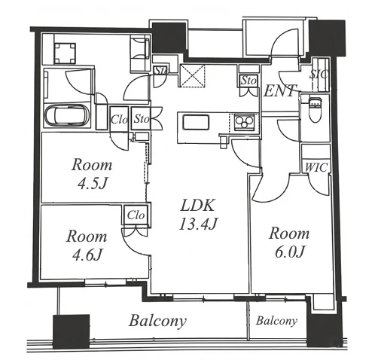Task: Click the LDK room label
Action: coord(197,205)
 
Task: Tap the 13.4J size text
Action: coord(198,224)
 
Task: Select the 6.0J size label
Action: coord(289,252)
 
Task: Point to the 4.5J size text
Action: coord(93,184)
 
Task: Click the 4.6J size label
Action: coord(87,255)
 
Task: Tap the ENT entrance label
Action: coord(280,90)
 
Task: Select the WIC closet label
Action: coord(316,167)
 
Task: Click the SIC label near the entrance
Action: coord(319,75)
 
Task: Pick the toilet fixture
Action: coord(315,108)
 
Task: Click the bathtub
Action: coord(67,115)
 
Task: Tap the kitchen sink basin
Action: coord(196,122)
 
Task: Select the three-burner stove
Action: coord(244,122)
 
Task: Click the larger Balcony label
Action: coord(157,321)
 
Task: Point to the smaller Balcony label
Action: coord(276,321)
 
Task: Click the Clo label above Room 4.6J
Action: coord(136,215)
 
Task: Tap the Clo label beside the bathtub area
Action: coord(119,120)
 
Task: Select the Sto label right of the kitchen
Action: coord(248,81)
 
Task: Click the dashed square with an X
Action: coord(193,75)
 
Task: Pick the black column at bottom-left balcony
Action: coord(72,331)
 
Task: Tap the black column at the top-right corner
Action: coord(328,38)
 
